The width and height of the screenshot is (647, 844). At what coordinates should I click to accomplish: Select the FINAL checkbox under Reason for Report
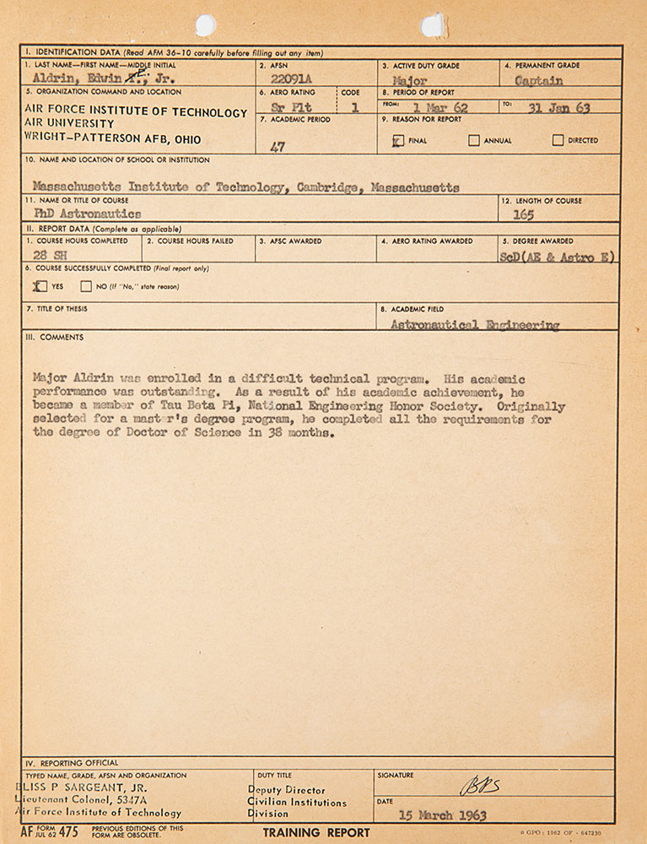[397, 141]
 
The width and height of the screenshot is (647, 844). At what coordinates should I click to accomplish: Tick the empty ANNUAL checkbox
[474, 141]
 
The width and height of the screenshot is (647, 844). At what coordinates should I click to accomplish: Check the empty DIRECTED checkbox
[558, 141]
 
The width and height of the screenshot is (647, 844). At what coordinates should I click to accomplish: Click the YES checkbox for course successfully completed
[40, 286]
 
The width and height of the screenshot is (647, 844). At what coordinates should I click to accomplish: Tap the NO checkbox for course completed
[89, 286]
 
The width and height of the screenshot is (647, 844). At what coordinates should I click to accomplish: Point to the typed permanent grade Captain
[538, 81]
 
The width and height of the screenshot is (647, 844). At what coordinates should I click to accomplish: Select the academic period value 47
[278, 147]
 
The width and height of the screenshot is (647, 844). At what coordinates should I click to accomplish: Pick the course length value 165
[523, 214]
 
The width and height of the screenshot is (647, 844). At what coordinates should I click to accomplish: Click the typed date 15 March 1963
[443, 815]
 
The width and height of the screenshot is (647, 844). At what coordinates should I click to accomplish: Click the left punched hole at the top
[205, 25]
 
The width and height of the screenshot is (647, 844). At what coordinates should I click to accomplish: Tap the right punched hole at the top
[434, 25]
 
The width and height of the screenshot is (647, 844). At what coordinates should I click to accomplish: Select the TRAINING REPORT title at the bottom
[315, 833]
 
